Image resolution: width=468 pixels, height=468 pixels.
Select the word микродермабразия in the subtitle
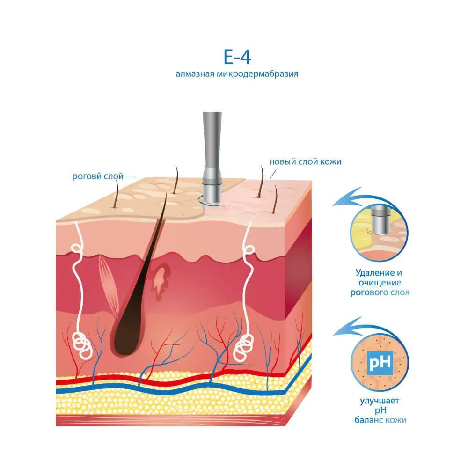[257, 73]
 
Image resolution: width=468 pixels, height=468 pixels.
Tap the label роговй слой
[98, 176]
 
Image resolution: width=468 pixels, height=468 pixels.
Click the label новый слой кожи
[305, 162]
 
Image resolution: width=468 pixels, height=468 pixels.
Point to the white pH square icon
[380, 363]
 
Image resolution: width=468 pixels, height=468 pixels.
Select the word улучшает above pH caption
[380, 401]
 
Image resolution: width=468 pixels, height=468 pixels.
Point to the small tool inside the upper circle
[380, 220]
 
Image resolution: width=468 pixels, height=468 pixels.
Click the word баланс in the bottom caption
[369, 420]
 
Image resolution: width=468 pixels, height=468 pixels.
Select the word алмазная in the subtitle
[195, 74]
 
